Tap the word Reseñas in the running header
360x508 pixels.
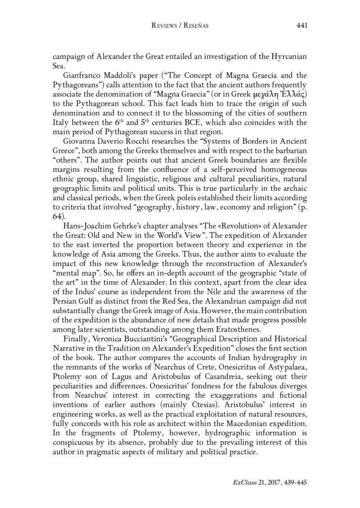tap(195, 26)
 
